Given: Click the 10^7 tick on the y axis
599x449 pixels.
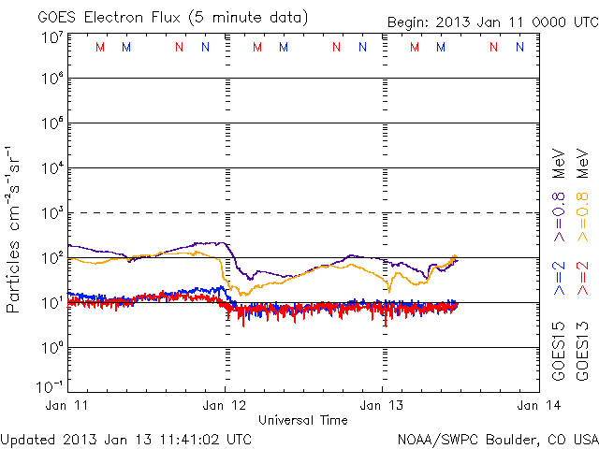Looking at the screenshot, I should pyautogui.click(x=51, y=36).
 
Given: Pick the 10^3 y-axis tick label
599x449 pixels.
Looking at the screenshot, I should pyautogui.click(x=51, y=213).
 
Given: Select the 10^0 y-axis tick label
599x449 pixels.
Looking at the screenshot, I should pyautogui.click(x=51, y=348).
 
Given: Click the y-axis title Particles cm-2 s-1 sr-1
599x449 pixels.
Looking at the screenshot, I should pyautogui.click(x=16, y=229).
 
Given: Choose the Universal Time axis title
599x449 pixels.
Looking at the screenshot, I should pyautogui.click(x=303, y=420).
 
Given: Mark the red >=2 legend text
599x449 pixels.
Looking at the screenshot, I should pyautogui.click(x=581, y=278).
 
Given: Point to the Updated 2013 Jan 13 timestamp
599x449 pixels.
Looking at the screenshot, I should pyautogui.click(x=126, y=438).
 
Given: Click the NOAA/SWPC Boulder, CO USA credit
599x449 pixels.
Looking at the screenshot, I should pyautogui.click(x=497, y=438).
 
